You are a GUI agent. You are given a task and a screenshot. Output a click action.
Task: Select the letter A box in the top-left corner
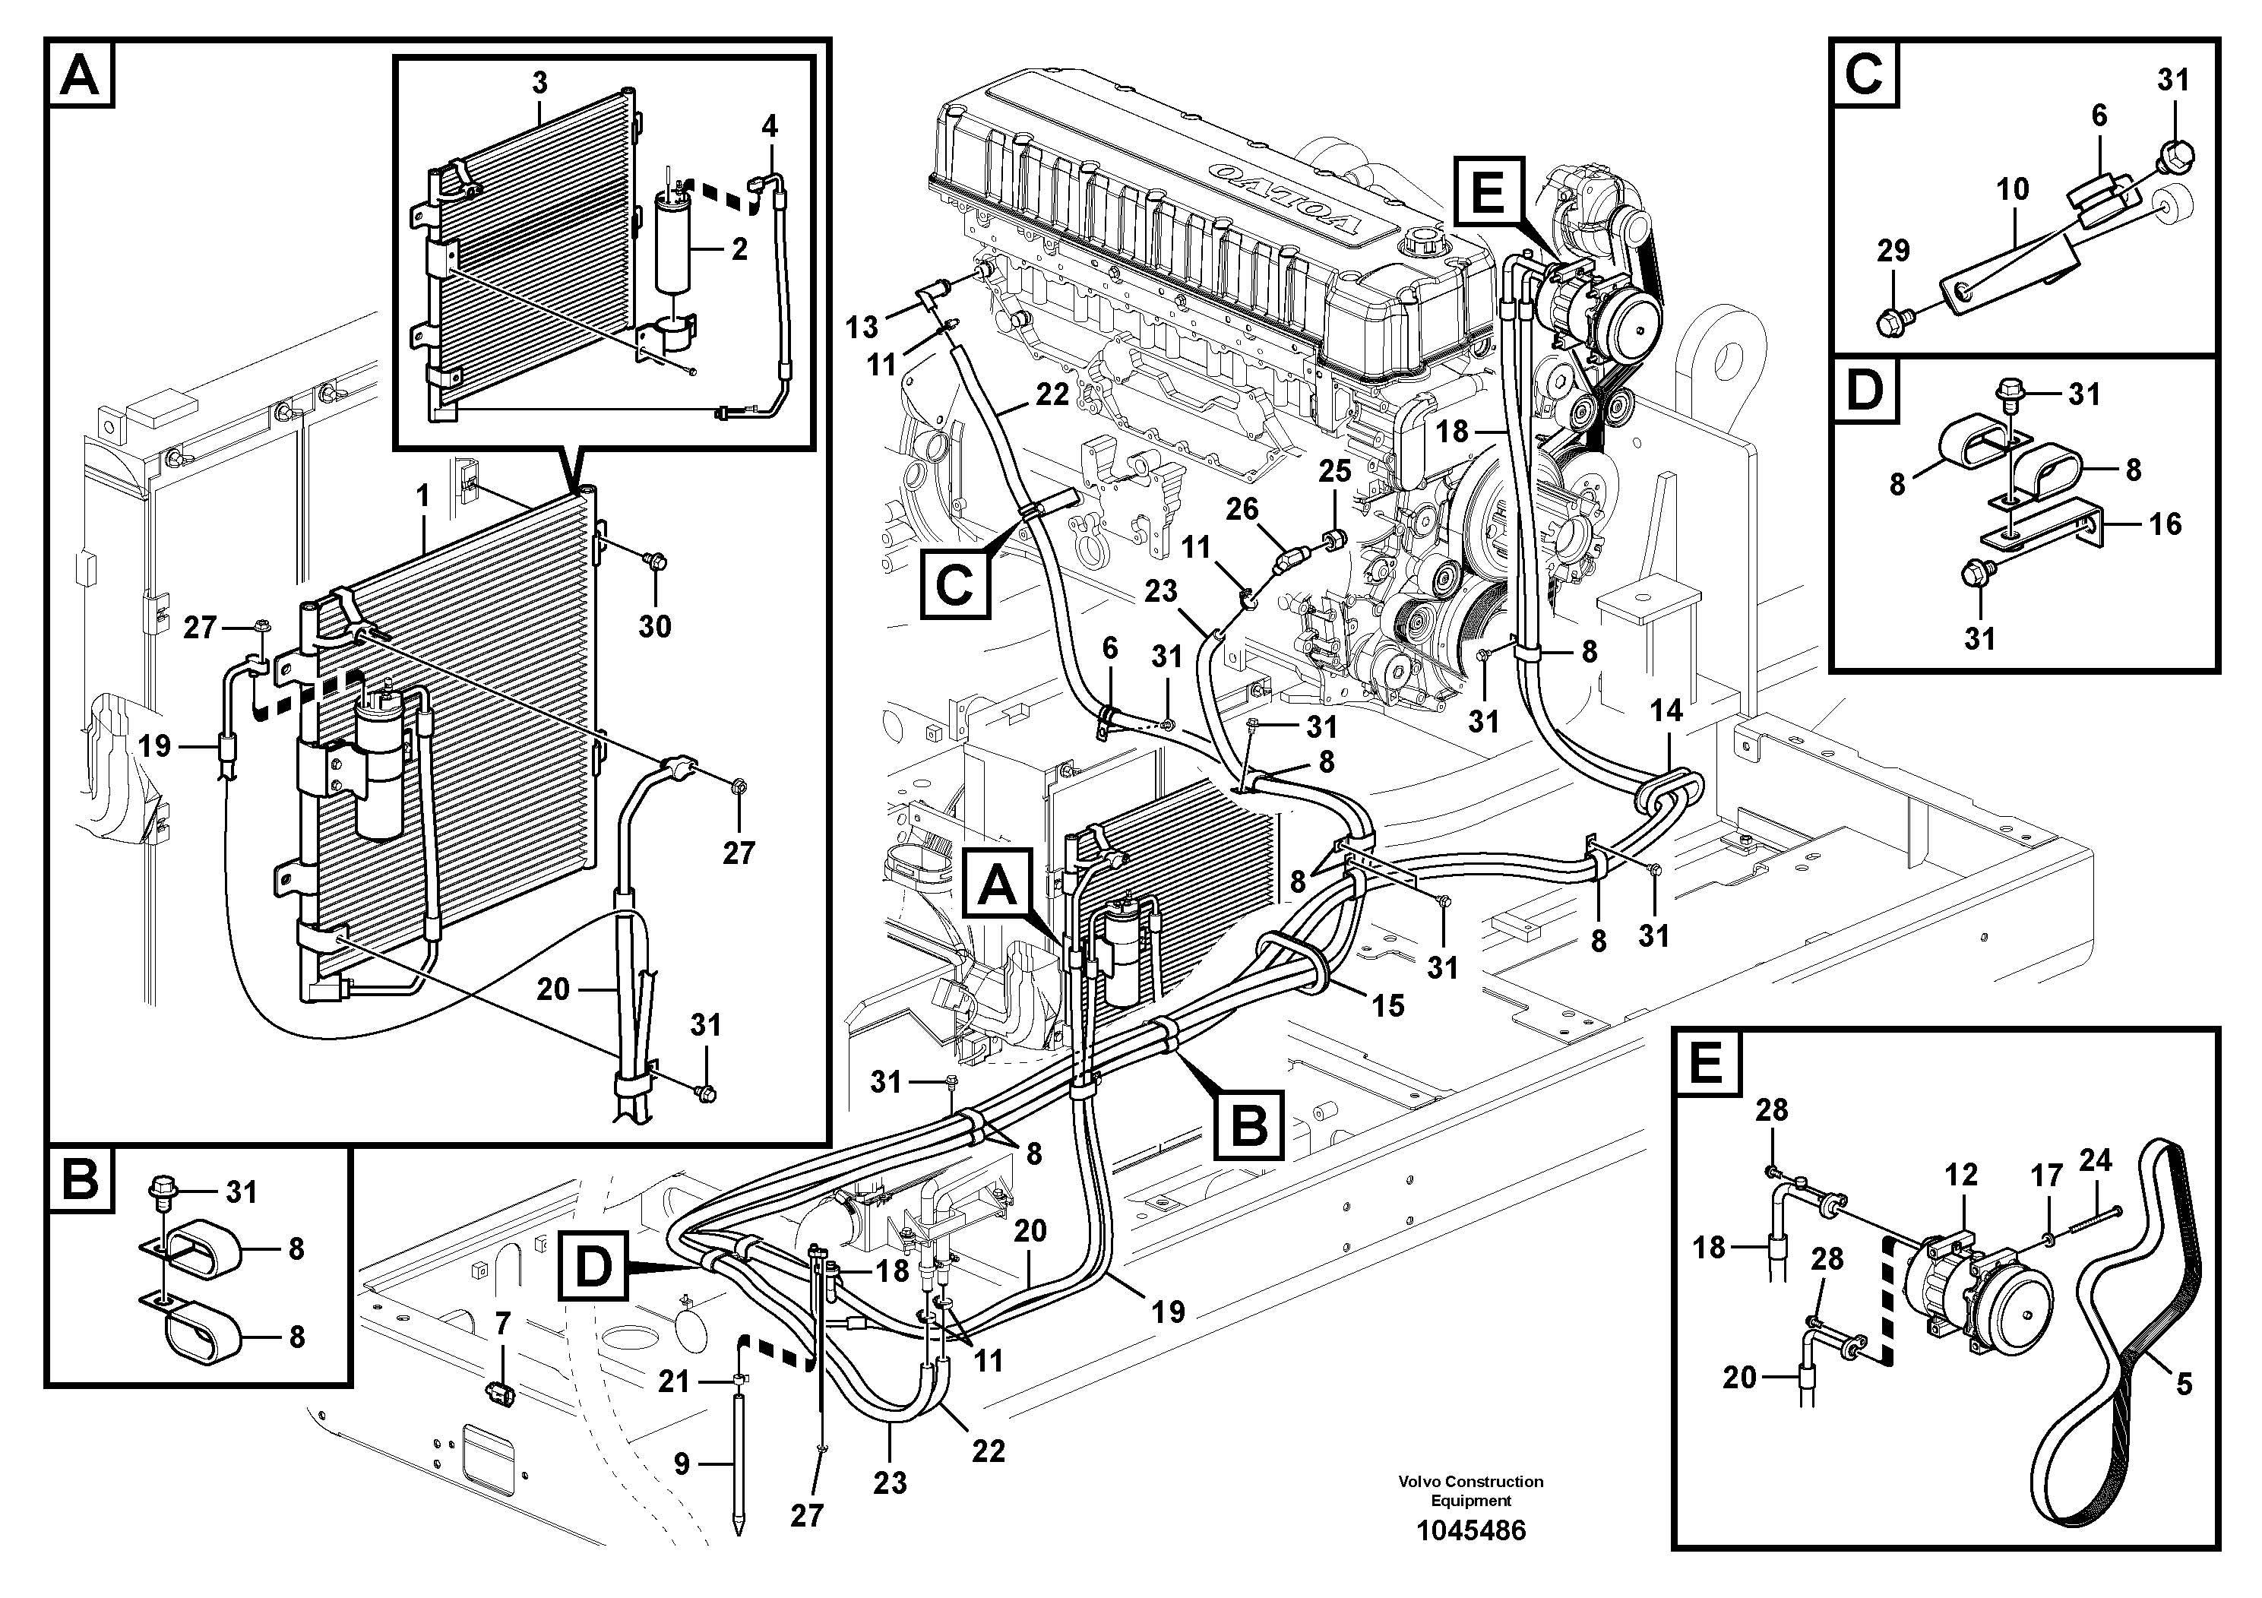click(80, 75)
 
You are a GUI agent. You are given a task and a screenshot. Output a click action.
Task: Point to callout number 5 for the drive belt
click(2183, 1384)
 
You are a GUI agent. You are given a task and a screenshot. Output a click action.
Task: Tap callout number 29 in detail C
click(1893, 250)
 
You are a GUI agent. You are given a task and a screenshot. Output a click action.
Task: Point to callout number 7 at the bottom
click(502, 1324)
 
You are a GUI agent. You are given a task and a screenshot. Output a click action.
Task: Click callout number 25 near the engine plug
click(1335, 471)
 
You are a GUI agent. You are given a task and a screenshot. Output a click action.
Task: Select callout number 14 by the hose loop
click(1667, 710)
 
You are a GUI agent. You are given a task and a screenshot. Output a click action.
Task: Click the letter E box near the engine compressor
click(1488, 192)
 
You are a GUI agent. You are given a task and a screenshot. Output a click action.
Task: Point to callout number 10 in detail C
click(2013, 189)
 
